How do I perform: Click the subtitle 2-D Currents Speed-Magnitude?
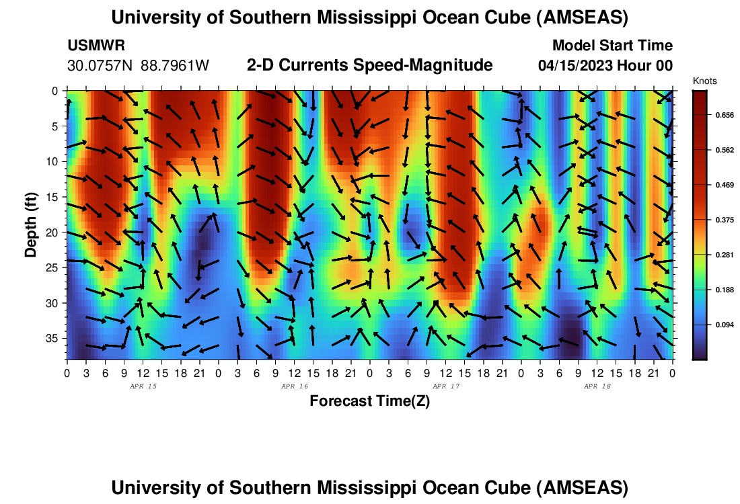point(370,66)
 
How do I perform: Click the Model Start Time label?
point(612,46)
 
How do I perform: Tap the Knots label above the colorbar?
point(704,81)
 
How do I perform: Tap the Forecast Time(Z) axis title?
point(369,401)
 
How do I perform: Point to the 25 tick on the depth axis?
point(56,267)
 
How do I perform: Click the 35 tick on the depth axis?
point(56,338)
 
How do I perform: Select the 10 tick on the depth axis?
point(56,161)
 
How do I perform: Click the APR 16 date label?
point(295,386)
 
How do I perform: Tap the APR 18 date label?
point(597,386)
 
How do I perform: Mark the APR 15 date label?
point(143,386)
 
